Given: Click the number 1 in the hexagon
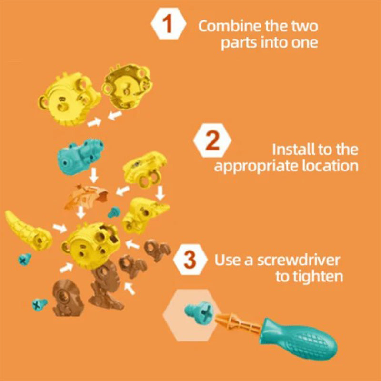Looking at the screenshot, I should point(167,25).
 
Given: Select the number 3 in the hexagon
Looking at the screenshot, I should point(190,261).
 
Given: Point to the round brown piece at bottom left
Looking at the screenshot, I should point(64,298).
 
